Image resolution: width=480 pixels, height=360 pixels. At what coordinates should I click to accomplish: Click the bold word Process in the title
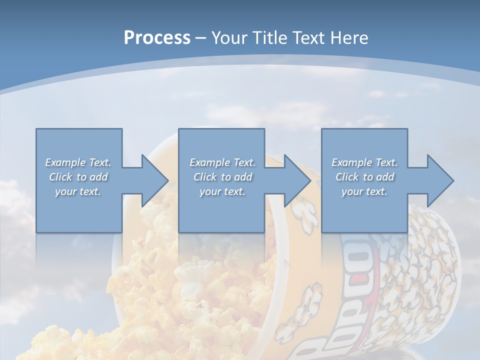[157, 38]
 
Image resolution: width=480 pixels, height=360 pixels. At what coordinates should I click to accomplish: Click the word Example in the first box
[65, 162]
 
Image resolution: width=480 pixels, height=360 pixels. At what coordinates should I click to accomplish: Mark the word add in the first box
[98, 177]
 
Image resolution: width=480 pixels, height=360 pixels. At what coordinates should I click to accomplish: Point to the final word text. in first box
[90, 191]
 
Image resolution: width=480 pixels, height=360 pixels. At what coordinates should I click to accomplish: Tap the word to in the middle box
[226, 177]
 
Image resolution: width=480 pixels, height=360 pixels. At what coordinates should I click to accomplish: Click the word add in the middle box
[243, 177]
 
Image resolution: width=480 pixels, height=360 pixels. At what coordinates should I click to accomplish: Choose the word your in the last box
[352, 191]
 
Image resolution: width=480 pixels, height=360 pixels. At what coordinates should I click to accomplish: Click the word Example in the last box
[351, 162]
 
